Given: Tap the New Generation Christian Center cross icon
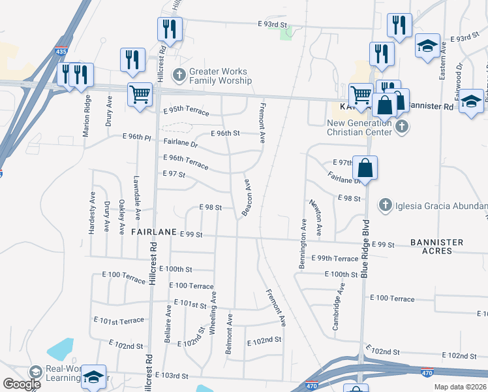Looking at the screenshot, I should click(x=402, y=126).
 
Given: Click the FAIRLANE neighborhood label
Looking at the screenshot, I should click(x=154, y=232).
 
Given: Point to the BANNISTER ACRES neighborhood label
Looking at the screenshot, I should click(x=437, y=247).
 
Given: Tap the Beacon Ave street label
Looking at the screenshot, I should click(x=247, y=198).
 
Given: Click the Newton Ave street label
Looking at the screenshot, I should click(x=316, y=218).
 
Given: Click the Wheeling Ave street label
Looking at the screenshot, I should click(x=213, y=313).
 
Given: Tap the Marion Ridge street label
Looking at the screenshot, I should click(x=87, y=116).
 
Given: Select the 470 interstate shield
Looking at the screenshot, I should click(x=311, y=386).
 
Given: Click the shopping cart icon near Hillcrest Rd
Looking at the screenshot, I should click(x=140, y=95).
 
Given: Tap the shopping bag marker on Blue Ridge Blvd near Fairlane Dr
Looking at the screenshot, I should click(x=366, y=167).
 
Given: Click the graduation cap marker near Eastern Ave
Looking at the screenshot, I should click(x=427, y=46).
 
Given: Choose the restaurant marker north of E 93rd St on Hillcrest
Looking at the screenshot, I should click(x=168, y=29).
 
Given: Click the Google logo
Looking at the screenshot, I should click(x=22, y=384).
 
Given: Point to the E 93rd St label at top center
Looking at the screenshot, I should click(x=273, y=24).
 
